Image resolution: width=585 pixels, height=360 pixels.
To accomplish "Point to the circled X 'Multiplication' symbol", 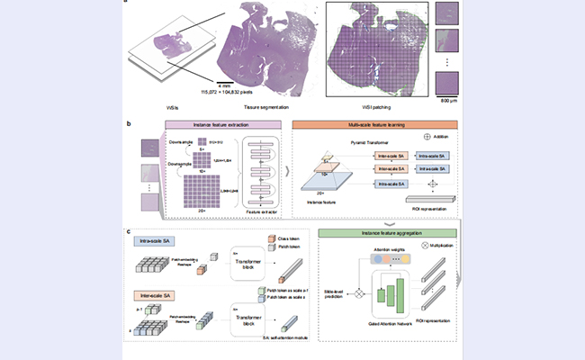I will (415, 245).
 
